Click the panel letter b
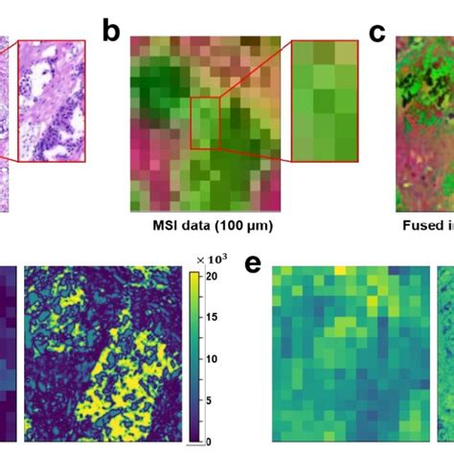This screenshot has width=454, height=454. tap(113, 31)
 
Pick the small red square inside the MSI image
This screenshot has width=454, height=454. tap(205, 123)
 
